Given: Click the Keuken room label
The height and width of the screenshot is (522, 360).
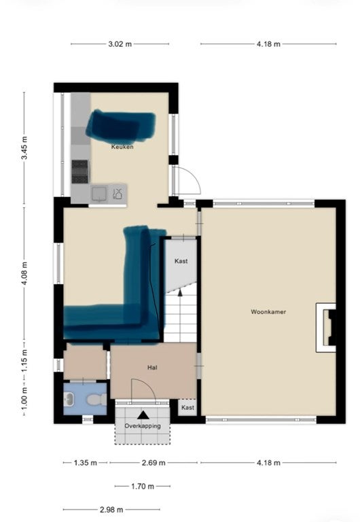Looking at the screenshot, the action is coord(122,147).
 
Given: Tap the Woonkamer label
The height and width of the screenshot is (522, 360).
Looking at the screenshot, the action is coord(268,312).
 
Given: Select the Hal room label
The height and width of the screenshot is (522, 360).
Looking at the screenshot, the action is coord(152,368).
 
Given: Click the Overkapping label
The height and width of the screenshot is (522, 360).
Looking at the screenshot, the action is coord(143,425).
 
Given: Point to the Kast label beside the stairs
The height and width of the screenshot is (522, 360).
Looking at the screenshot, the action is coord(181,261).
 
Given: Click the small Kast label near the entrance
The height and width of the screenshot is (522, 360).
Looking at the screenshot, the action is coord(187,408).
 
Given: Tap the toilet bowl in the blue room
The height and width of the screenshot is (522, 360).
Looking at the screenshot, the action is coord(96,400).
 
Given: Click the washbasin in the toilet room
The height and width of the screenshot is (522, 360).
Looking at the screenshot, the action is coord(69,399).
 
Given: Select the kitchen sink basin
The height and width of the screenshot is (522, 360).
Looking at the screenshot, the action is coord(99,194).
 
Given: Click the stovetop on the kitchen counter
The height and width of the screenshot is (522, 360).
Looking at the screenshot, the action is coord(80,171).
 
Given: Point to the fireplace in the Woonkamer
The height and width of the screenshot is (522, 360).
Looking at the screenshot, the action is coord(326,328).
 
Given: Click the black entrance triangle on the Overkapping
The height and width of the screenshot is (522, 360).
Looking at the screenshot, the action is coord(143,415).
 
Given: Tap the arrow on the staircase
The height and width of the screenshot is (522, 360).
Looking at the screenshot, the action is coord(180,293).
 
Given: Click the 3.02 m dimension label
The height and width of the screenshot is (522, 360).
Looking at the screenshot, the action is coord(120,44).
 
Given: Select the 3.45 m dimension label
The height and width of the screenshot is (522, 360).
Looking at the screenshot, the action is coord(24,147).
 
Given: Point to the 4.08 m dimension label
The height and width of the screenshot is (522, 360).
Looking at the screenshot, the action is coord(24,274).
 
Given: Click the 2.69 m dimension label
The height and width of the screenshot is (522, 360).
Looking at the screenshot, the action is coord(154,463).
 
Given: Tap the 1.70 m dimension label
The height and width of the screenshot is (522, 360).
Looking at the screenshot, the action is coord(143,487).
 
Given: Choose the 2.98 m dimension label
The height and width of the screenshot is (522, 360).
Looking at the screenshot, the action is coord(111,510).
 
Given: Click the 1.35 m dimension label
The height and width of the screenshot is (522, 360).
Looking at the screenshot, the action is coord(86,463).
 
